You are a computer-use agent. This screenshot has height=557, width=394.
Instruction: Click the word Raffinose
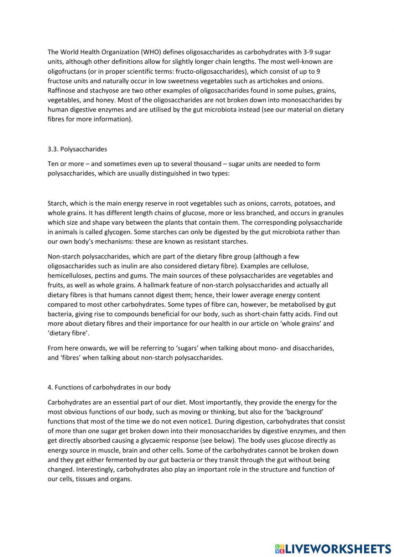click(61, 90)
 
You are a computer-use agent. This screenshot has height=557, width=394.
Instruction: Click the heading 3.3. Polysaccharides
click(77, 149)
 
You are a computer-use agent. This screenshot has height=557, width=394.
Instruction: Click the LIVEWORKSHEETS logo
click(333, 548)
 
